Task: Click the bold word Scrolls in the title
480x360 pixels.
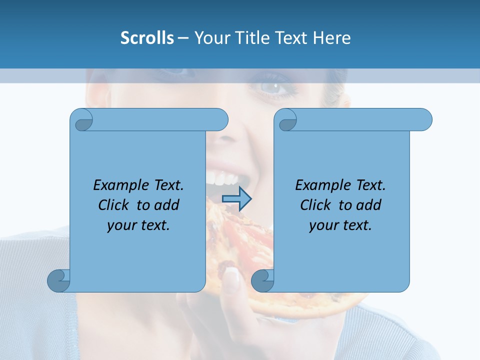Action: click(147, 38)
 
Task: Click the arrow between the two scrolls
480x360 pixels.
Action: click(236, 198)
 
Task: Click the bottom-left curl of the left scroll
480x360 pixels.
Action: click(59, 280)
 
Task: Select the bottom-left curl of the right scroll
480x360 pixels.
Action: click(262, 280)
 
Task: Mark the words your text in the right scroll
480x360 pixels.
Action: click(340, 225)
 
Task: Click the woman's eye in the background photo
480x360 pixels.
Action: click(273, 88)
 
